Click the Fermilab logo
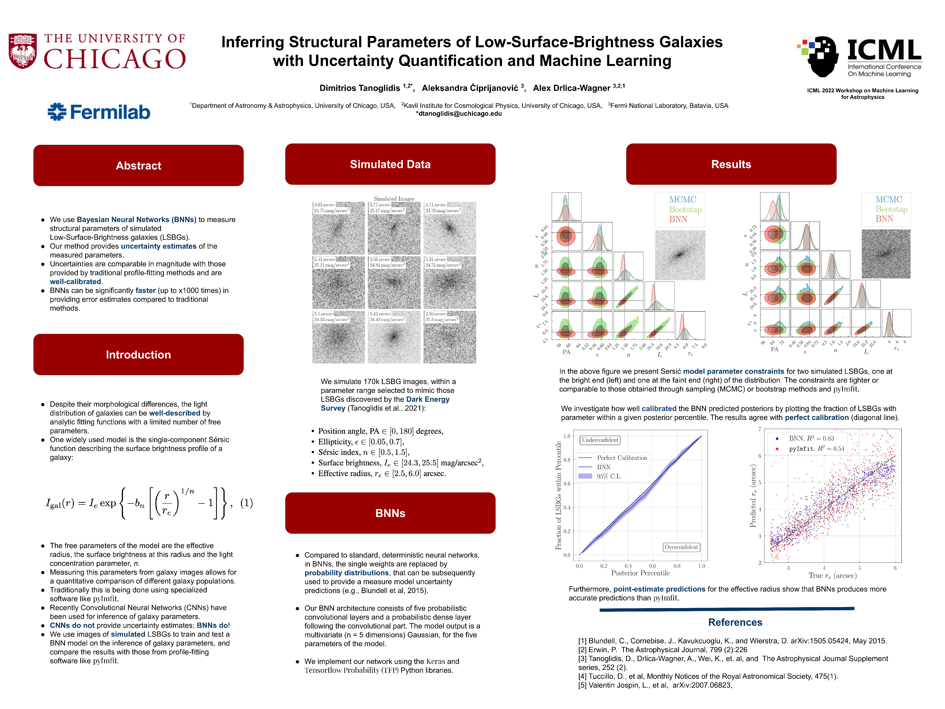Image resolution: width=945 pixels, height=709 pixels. [99, 112]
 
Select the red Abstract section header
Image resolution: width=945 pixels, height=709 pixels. [138, 165]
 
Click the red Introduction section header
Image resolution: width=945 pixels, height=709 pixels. [138, 354]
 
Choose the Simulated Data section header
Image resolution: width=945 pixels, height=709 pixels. [390, 164]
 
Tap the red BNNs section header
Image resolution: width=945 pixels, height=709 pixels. [390, 513]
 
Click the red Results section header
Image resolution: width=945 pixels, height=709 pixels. [731, 164]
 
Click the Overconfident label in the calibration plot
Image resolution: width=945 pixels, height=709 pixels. [681, 547]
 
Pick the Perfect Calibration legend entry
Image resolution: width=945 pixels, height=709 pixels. [622, 458]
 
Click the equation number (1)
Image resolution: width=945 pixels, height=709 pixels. [247, 503]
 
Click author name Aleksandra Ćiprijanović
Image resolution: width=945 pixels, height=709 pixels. [470, 88]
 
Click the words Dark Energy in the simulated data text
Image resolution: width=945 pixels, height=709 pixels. [428, 399]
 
